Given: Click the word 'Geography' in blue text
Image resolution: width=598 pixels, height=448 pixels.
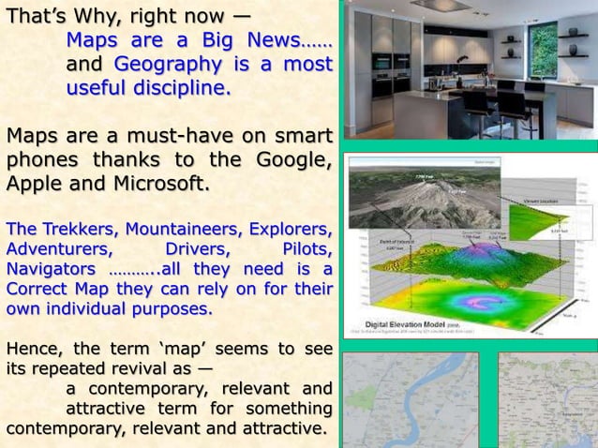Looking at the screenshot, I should click(x=155, y=65).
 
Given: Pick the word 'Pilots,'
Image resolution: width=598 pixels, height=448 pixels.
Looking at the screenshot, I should click(x=305, y=249).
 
